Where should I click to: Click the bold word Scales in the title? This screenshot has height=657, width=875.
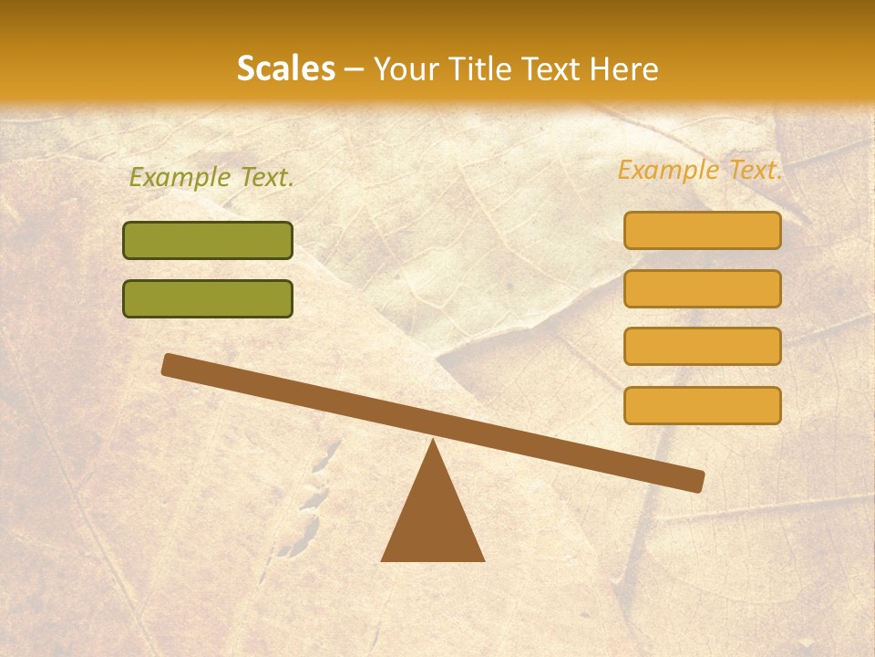(x=286, y=69)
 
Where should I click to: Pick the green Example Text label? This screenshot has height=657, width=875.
(x=211, y=178)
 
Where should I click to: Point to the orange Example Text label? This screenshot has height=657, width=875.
(x=700, y=170)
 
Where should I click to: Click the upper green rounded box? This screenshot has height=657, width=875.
(x=208, y=241)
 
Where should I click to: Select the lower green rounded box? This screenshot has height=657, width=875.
(x=208, y=298)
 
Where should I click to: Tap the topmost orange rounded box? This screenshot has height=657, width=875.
(x=703, y=231)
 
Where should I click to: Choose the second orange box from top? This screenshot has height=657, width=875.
(x=703, y=288)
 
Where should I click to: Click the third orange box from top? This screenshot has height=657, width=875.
(x=703, y=347)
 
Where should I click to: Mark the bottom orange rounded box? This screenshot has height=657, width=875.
(x=703, y=405)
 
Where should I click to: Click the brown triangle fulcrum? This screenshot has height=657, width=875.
(x=433, y=520)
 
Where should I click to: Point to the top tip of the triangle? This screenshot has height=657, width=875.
(x=433, y=443)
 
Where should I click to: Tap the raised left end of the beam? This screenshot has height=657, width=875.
(x=170, y=364)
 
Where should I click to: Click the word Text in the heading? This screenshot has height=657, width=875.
(x=551, y=69)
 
